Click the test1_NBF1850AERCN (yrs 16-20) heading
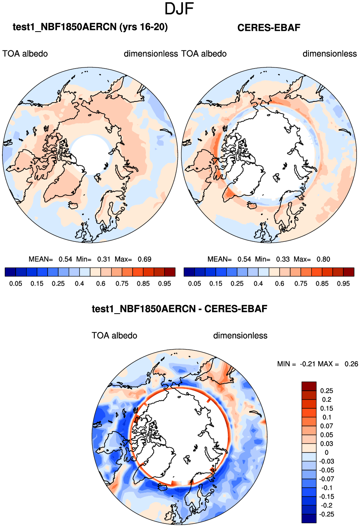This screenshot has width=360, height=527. pos(90,27)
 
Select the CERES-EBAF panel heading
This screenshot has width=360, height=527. pos(269,28)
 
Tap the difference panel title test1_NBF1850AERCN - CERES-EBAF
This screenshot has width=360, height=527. pos(179,309)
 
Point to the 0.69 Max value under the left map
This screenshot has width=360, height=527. pos(144,259)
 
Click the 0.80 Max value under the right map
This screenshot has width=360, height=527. pos(323,259)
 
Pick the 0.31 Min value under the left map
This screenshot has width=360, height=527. pos(104,259)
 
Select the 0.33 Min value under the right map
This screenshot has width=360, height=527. pos(283,259)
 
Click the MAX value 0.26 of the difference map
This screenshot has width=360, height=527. pos(351,364)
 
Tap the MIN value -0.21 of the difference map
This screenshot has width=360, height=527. pos(308,364)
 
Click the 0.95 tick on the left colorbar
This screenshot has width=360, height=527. pos(165,284)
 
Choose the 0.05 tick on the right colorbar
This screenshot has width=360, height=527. pos(195,284)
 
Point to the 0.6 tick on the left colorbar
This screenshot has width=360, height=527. pos(101,284)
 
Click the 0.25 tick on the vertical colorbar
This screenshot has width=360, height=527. pos(326,391)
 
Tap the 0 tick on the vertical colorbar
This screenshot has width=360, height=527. pos(326,452)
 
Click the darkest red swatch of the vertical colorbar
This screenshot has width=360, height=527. pos(309,386)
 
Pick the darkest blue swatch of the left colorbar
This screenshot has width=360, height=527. pos(10,272)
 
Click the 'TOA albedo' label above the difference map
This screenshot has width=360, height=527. pos(114,335)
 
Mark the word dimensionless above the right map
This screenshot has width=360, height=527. pos(330,54)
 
